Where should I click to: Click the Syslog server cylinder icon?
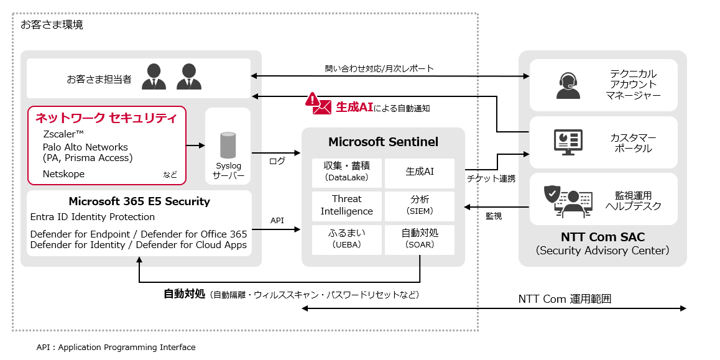pos(228,145)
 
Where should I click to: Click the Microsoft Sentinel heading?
pos(383,142)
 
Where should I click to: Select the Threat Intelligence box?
pos(346,205)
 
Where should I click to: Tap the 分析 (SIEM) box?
pos(420,205)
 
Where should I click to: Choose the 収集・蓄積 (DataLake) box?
pos(346,172)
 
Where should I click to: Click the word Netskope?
pos(63,174)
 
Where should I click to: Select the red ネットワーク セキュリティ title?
pos(106,118)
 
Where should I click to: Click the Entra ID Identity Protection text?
pos(93,217)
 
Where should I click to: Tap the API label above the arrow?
pos(277,220)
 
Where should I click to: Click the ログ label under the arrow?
pos(277,161)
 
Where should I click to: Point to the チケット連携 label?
pos(491,178)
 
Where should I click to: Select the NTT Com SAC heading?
pos(602,237)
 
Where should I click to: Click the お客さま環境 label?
pos(52,25)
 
